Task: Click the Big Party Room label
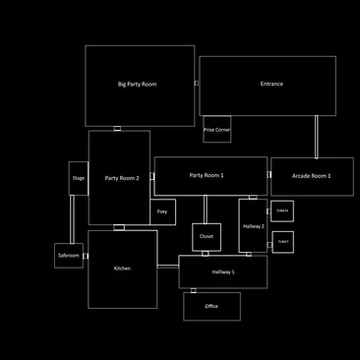(137, 85)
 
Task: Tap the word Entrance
(271, 85)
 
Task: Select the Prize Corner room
(216, 129)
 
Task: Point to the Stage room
(79, 178)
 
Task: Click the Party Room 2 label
(122, 178)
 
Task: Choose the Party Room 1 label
(207, 175)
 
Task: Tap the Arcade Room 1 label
(311, 176)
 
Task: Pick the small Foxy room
(162, 211)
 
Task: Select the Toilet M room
(282, 210)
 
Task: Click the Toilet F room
(282, 241)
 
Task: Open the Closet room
(206, 236)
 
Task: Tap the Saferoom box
(68, 256)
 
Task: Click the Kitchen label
(122, 269)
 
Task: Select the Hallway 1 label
(223, 271)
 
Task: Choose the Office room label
(211, 306)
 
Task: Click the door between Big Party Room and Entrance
(197, 84)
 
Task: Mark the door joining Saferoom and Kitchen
(86, 257)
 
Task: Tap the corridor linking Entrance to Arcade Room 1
(316, 137)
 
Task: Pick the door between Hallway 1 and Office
(193, 290)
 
